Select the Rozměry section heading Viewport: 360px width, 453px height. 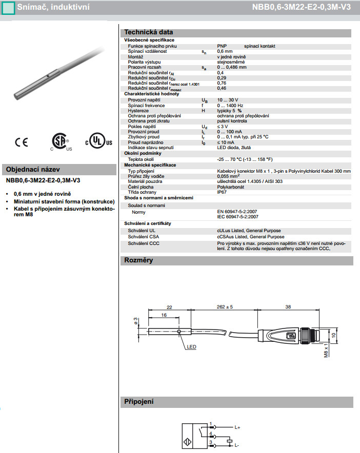tap(138, 261)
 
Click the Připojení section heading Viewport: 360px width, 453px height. tap(139, 402)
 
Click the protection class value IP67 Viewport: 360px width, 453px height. tap(222, 192)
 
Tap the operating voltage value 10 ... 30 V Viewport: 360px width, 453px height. tap(229, 100)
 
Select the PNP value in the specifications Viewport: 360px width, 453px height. tap(222, 46)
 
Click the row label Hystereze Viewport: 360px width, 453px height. tap(138, 110)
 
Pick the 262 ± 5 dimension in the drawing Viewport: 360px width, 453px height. tap(222, 306)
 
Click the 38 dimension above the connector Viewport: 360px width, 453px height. tap(288, 306)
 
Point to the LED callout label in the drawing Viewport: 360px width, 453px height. tap(191, 347)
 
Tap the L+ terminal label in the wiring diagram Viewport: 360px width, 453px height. tap(238, 427)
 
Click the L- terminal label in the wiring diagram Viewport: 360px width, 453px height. tap(237, 445)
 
